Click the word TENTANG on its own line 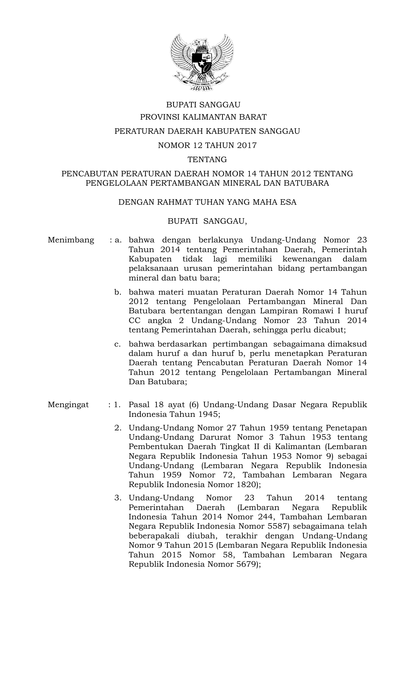[x=207, y=160]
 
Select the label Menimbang [x=71, y=240]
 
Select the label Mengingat [x=68, y=405]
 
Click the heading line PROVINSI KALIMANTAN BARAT [x=203, y=117]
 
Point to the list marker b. [x=118, y=292]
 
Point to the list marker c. [x=118, y=344]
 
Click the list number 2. [x=118, y=428]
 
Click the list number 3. [x=118, y=498]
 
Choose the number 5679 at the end [x=246, y=564]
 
